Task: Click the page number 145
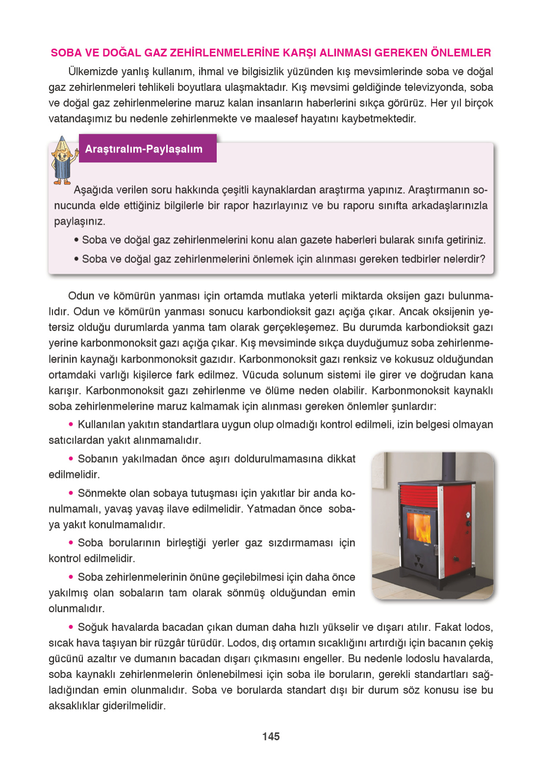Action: coord(271,736)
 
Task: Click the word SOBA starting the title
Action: coord(66,53)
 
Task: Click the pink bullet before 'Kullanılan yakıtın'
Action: coord(71,424)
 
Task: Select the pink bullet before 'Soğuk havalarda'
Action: coord(71,626)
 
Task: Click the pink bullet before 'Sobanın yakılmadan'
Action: coord(71,458)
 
